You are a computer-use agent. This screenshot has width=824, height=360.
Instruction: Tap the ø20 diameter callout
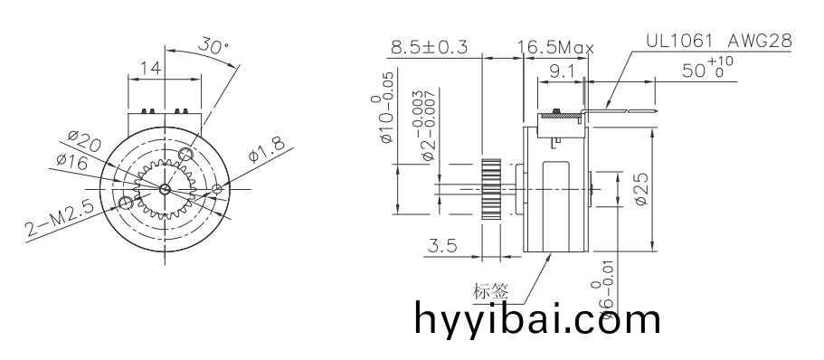[x=83, y=142]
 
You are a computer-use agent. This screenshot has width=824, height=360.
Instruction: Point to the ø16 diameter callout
[x=71, y=161]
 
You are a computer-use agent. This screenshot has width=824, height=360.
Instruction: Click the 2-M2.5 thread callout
[x=60, y=221]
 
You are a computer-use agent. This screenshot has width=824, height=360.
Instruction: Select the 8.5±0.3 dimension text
[x=428, y=47]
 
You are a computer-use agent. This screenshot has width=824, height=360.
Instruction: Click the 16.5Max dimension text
[x=554, y=47]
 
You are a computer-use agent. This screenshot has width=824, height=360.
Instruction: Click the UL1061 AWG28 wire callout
[x=720, y=42]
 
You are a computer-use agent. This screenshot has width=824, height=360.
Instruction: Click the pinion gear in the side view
[x=490, y=188]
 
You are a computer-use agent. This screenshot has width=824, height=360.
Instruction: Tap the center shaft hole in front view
[x=165, y=189]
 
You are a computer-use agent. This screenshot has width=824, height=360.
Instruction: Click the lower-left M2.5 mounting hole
[x=126, y=204]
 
